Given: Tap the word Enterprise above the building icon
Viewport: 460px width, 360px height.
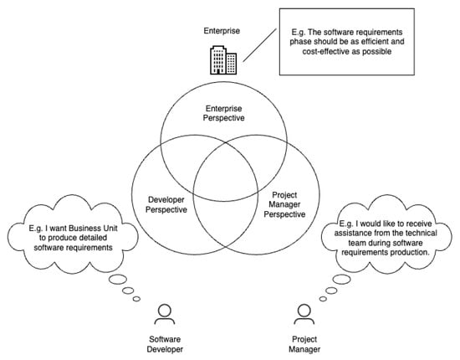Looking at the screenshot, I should click(222, 30).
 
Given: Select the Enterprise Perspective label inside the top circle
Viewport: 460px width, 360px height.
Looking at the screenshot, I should click(226, 113).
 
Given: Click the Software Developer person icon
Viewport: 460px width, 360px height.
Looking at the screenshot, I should click(165, 314).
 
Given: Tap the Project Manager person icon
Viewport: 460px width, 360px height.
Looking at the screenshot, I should click(303, 314).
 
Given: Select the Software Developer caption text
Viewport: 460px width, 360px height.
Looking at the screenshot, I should click(165, 343).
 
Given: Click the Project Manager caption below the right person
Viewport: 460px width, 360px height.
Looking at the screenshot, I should click(303, 343).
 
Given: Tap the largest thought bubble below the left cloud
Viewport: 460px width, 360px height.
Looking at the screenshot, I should click(118, 279).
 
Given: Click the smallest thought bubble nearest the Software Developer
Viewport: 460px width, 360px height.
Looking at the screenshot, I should click(136, 297).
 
